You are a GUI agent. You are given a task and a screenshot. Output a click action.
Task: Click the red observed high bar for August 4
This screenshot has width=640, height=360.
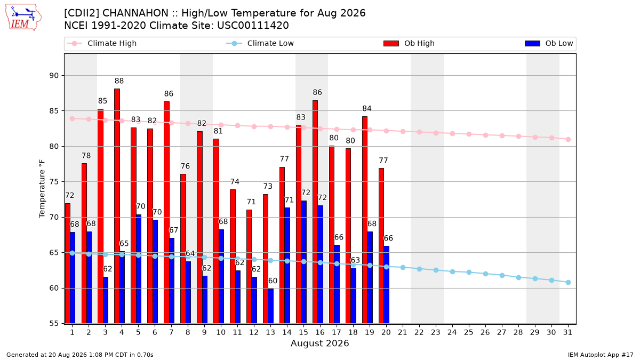tap(117, 206)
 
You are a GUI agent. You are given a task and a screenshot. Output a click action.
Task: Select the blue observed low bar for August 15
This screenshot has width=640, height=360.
tap(303, 262)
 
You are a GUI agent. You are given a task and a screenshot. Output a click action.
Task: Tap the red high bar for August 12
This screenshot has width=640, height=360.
tap(249, 267)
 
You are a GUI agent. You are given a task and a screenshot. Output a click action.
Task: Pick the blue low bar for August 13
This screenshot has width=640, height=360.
tap(271, 306)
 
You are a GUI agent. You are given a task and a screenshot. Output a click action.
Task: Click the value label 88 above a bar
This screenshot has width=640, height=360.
tap(119, 81)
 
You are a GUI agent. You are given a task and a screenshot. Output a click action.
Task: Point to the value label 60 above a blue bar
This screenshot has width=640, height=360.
tap(273, 281)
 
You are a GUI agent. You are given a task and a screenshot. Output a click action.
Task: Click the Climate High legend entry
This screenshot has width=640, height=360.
tap(101, 43)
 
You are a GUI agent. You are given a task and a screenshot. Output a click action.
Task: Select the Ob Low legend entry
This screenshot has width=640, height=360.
tap(549, 43)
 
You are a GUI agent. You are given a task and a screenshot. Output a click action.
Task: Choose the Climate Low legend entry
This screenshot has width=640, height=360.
tap(260, 43)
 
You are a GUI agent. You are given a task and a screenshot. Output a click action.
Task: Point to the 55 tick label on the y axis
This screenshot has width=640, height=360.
tap(54, 323)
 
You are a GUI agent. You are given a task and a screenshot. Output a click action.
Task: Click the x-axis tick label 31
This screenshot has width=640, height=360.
tap(567, 332)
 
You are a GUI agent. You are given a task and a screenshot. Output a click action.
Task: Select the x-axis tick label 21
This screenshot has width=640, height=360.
tap(403, 332)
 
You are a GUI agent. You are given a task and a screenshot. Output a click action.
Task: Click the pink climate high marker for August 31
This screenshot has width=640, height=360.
tap(568, 139)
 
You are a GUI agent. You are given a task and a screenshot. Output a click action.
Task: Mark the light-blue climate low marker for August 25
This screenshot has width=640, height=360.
tap(469, 273)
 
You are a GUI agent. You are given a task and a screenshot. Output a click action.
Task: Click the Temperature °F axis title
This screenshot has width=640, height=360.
tap(42, 189)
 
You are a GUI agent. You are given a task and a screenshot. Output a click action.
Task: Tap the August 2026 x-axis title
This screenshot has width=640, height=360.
tap(319, 343)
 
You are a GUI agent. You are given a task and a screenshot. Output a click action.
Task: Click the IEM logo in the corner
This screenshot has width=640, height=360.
tap(23, 18)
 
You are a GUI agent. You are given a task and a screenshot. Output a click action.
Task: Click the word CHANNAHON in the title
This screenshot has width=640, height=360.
tap(135, 13)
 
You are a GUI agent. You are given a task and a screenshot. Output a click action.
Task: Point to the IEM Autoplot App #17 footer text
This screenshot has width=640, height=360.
tap(601, 355)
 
